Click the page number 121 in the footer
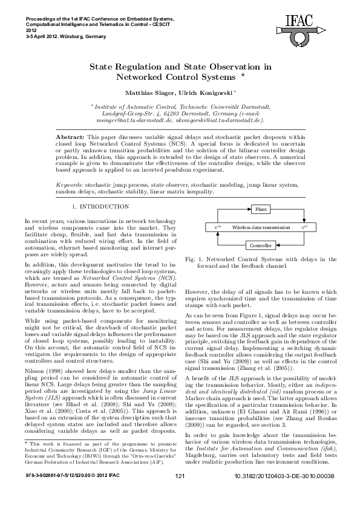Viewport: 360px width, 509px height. (x=179, y=494)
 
